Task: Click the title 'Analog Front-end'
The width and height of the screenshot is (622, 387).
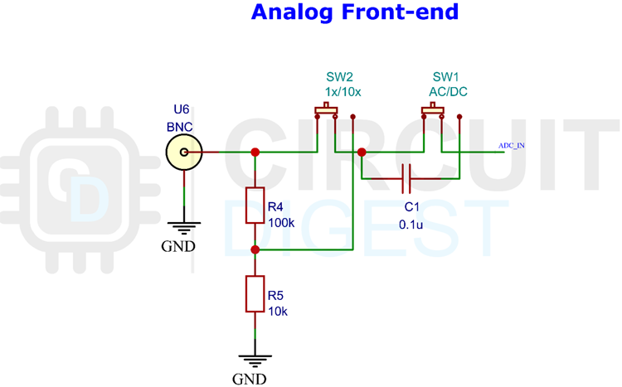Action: (x=354, y=13)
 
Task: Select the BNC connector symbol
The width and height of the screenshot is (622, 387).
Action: (x=182, y=152)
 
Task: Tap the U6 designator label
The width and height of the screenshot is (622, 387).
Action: (x=182, y=110)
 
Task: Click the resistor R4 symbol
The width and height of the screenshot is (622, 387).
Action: (x=255, y=206)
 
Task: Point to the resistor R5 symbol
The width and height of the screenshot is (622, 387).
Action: (x=255, y=294)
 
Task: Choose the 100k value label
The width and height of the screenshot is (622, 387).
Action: (x=283, y=222)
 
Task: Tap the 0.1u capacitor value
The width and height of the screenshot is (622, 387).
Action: (x=412, y=224)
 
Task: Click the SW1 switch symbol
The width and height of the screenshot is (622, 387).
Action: (x=432, y=112)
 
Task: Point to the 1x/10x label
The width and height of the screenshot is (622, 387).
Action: (x=343, y=91)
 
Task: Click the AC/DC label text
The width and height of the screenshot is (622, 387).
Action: (x=448, y=91)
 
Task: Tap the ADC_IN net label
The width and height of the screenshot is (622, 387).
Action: (x=511, y=145)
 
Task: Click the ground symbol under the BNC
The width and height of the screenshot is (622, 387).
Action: (x=182, y=225)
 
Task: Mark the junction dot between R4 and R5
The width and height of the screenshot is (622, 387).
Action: (x=255, y=249)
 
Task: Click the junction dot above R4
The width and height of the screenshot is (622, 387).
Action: (x=255, y=152)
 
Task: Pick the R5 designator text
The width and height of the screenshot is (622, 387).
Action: (x=275, y=295)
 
